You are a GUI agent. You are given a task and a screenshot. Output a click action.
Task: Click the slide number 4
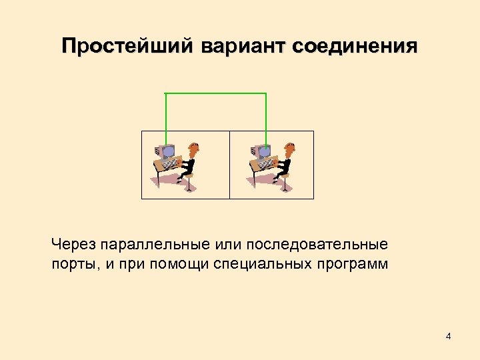click(449, 336)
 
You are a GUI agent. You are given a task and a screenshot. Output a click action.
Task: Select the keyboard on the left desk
click(171, 164)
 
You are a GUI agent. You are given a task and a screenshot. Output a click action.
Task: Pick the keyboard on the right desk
click(266, 164)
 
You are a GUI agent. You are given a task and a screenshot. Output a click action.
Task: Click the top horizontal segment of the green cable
click(215, 93)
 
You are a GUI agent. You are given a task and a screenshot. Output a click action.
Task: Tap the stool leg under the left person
click(191, 183)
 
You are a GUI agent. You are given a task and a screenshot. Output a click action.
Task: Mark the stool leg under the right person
click(286, 183)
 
